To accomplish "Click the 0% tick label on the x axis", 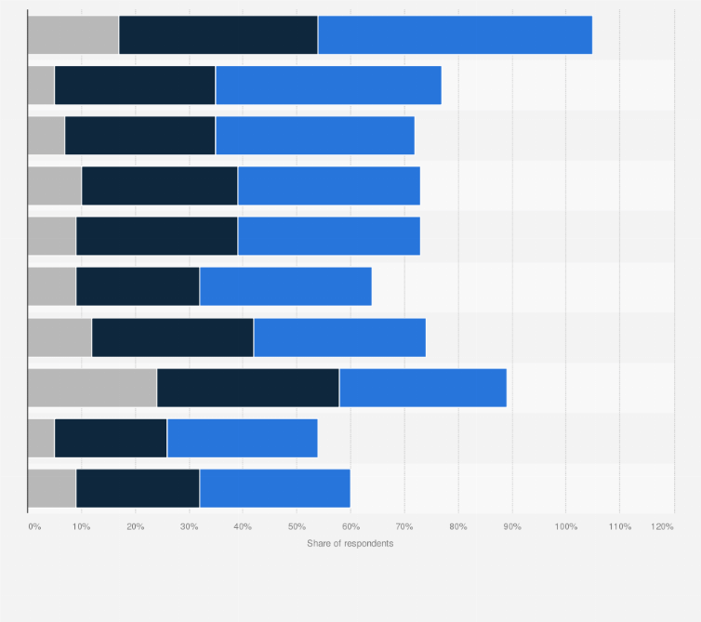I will coord(34,527).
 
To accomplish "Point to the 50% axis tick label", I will coord(297,527).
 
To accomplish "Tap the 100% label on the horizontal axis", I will coord(565,527).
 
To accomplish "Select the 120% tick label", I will coord(662,527).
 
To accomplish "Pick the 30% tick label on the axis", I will coord(189,527).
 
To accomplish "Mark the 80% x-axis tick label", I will coord(458,527).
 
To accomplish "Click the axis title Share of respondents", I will coord(350,543).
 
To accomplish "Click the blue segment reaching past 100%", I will coord(455,35).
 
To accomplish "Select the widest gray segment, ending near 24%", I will coord(92,388).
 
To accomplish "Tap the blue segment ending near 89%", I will coord(422,388).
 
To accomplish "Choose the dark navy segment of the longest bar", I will coord(218,35).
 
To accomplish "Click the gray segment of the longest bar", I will coord(73,35).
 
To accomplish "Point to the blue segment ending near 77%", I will coord(328,86).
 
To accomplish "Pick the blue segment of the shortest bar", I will coord(242,438).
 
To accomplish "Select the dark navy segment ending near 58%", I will coord(247,388).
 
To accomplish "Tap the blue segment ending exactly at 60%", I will coord(274,488).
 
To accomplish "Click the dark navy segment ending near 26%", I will coord(111,438).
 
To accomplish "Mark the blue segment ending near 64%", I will coord(285,286).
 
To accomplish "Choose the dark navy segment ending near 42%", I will coord(172,337).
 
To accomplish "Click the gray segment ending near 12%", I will coord(60,337).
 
